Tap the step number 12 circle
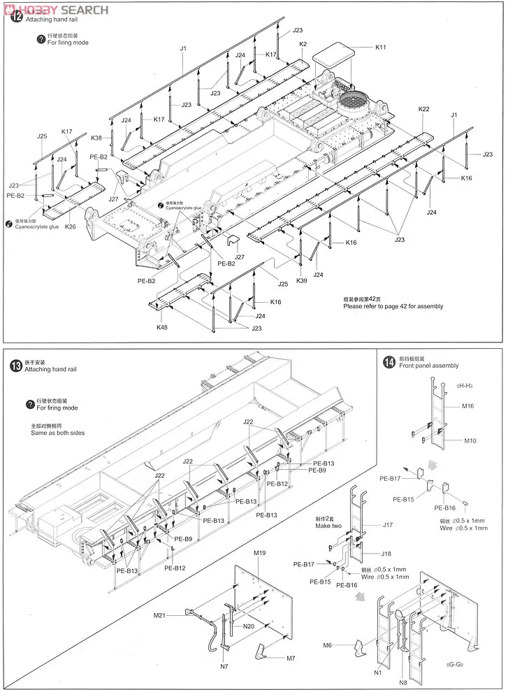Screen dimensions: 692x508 tap(15, 19)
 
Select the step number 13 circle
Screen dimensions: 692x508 tap(15, 366)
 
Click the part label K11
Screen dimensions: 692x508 tap(380, 48)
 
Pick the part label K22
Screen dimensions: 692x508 tap(424, 109)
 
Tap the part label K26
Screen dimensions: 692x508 tap(71, 226)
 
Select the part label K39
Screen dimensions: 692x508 tap(301, 280)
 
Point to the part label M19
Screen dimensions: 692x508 tap(260, 553)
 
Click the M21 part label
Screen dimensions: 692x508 tap(160, 614)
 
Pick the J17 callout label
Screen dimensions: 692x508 tap(389, 524)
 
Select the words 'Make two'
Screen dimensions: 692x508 tap(328, 526)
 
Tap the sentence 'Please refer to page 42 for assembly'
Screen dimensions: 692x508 tap(393, 306)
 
